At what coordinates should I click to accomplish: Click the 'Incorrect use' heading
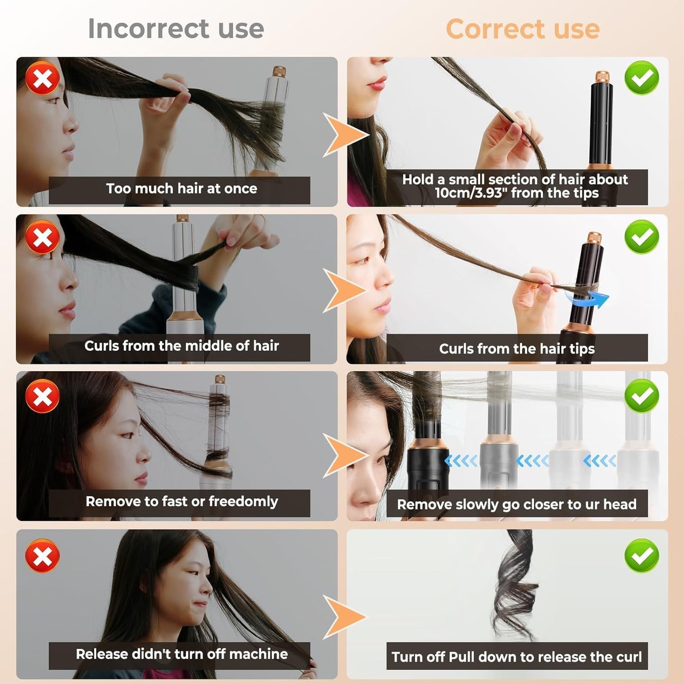point(176,29)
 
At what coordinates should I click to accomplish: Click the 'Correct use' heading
point(523,29)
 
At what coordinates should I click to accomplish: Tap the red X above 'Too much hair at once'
point(43,78)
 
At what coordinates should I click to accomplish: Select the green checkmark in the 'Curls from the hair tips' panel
point(641,237)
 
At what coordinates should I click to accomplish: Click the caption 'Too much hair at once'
point(181,189)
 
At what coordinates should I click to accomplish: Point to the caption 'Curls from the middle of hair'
point(181,346)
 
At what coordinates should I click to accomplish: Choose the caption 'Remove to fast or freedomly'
point(181,502)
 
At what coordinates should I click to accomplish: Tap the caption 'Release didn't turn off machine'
point(181,654)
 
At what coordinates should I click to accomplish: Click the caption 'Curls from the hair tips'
point(516,349)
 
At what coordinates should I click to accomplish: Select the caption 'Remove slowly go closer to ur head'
point(516,505)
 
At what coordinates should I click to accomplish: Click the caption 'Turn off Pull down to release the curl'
point(516,657)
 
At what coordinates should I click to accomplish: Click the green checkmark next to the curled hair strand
point(641,556)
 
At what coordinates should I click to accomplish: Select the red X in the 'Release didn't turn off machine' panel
point(43,556)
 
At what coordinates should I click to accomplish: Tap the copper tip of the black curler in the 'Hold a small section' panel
point(602,77)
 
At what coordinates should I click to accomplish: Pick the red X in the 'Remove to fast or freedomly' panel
point(43,396)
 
